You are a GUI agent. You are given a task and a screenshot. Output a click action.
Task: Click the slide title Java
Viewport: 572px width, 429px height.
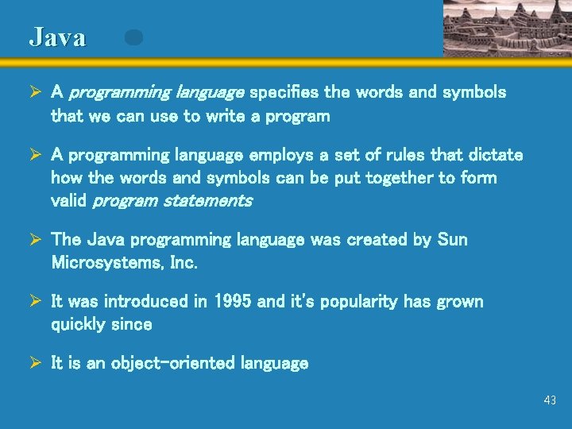(x=57, y=37)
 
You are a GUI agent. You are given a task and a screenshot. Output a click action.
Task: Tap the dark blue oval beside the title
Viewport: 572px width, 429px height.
(x=133, y=37)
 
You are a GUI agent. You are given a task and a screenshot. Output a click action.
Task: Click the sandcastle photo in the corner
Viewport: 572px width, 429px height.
(x=507, y=28)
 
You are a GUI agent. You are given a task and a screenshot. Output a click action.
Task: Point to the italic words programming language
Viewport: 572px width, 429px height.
(x=157, y=93)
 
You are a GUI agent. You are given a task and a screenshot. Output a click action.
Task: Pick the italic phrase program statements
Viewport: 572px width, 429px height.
(x=172, y=201)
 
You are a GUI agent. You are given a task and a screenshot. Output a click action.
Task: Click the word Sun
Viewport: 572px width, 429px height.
(x=453, y=240)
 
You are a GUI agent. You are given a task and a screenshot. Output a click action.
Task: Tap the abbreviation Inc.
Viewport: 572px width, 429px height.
(x=183, y=262)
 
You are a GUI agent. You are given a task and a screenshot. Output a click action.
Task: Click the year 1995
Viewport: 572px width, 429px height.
(x=234, y=302)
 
